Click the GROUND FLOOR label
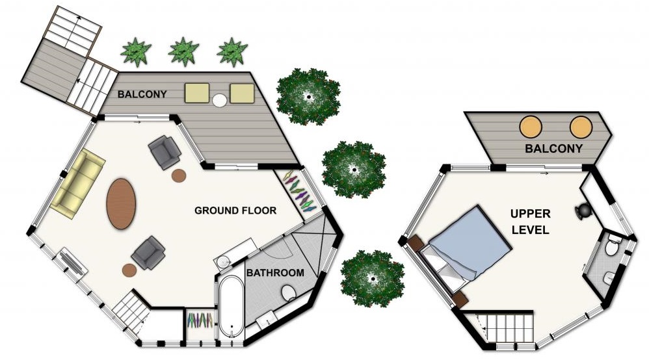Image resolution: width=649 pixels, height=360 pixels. tap(235, 211)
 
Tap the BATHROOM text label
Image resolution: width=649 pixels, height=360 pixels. tap(275, 273)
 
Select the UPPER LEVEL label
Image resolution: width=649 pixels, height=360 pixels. tap(530, 222)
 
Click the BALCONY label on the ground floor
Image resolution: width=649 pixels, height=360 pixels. tap(142, 94)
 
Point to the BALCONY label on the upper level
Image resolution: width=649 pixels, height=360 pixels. tap(553, 149)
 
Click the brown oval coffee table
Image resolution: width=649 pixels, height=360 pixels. tap(121, 203)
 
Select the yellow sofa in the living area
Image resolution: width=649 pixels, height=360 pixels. tap(78, 183)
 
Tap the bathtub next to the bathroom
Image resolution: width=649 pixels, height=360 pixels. tap(232, 307)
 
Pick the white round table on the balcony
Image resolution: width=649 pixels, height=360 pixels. tap(219, 99)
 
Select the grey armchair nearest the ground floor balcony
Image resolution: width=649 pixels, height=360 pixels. tap(165, 152)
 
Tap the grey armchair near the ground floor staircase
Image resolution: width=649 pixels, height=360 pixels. tap(148, 252)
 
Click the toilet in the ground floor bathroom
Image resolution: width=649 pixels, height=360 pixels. tap(289, 292)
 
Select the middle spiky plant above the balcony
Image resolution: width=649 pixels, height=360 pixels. tap(183, 52)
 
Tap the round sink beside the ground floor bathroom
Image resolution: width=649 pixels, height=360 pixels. tap(224, 261)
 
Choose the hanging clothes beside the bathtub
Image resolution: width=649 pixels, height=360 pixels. tap(200, 320)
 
